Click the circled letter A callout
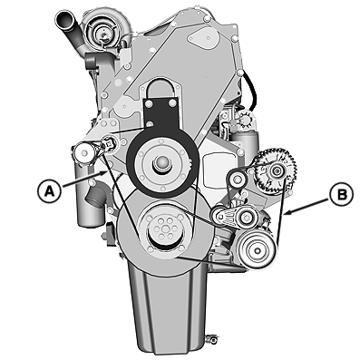point(49,190)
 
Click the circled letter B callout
point(342,195)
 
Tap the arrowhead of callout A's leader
point(104,173)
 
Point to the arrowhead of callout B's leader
point(286,214)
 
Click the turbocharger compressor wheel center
point(103,35)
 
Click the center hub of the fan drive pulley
point(162,163)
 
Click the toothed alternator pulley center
point(276,171)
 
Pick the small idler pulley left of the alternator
point(236,180)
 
